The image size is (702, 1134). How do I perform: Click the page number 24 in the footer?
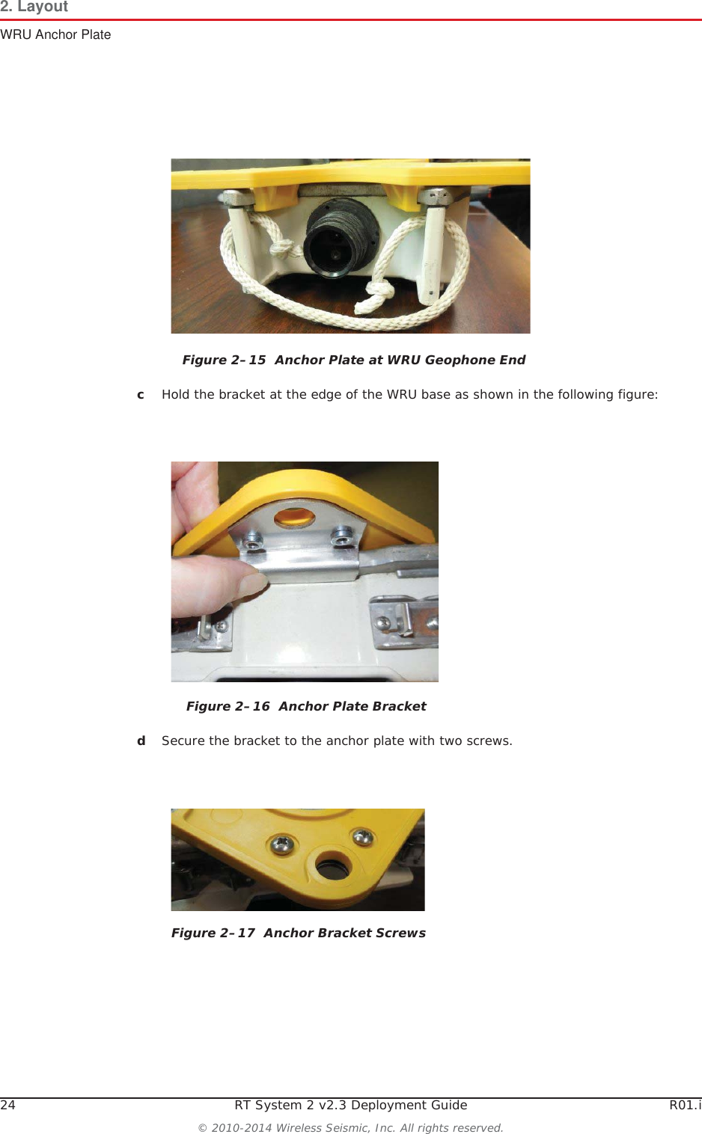pyautogui.click(x=7, y=1105)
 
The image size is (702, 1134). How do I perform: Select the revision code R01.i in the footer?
pyautogui.click(x=685, y=1105)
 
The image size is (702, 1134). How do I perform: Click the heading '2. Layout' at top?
pyautogui.click(x=34, y=7)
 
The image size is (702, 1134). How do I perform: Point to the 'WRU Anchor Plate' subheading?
pyautogui.click(x=55, y=34)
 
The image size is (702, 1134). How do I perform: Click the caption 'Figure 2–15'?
pyautogui.click(x=224, y=360)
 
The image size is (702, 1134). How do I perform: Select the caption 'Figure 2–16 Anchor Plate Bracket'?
pyautogui.click(x=306, y=706)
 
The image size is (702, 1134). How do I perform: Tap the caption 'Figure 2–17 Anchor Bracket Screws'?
pyautogui.click(x=298, y=933)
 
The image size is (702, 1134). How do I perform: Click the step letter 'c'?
pyautogui.click(x=141, y=394)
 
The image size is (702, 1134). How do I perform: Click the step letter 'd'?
pyautogui.click(x=141, y=741)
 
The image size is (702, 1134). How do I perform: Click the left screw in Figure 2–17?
pyautogui.click(x=283, y=844)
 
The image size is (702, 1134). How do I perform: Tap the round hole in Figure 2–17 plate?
pyautogui.click(x=332, y=867)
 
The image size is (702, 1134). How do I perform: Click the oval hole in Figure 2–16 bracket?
pyautogui.click(x=294, y=516)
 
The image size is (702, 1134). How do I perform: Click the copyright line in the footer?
pyautogui.click(x=350, y=1127)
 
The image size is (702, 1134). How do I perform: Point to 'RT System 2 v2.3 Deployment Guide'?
pyautogui.click(x=350, y=1105)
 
